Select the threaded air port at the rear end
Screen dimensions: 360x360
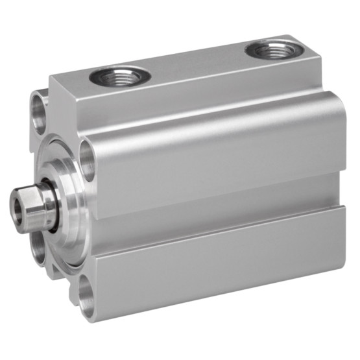tap(272, 49)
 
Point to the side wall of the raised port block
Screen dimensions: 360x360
tap(195, 97)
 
